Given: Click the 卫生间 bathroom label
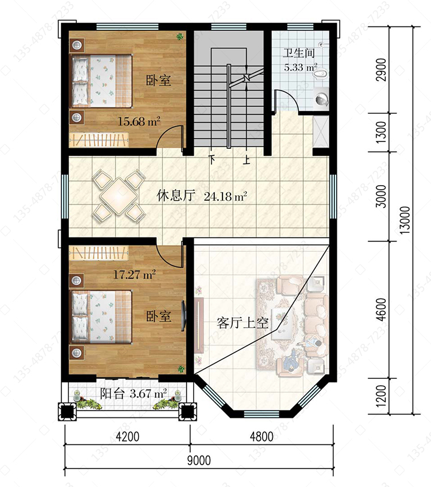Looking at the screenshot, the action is click(x=298, y=53).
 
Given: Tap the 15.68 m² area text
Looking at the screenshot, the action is click(x=139, y=121).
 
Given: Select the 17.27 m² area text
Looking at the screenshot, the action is click(x=134, y=274).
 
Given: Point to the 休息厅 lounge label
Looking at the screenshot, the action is click(x=176, y=195).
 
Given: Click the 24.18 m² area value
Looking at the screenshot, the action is click(x=225, y=196).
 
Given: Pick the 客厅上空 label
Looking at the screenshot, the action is click(x=243, y=323).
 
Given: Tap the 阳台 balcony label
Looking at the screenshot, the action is click(x=112, y=394).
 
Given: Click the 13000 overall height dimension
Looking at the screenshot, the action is click(x=405, y=220).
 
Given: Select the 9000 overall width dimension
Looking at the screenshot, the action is click(x=199, y=460).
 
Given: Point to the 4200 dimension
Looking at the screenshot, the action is click(x=128, y=436).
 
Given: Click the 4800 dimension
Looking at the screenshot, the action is click(x=262, y=436).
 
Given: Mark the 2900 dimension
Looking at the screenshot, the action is click(x=381, y=70).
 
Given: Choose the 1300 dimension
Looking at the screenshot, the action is click(x=381, y=132).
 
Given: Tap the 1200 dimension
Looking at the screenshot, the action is click(x=381, y=396).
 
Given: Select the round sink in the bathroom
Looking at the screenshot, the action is click(x=322, y=99).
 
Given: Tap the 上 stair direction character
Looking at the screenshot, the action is click(x=247, y=159).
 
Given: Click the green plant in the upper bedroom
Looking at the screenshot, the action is click(x=180, y=37).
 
